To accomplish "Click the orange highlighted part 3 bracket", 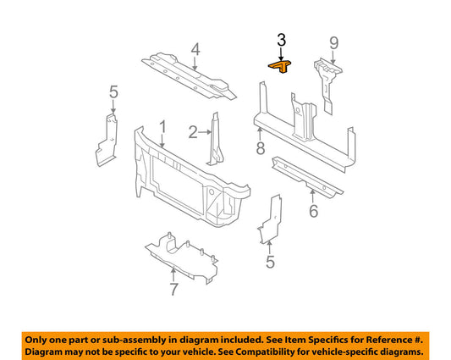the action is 280,66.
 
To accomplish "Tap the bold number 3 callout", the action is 281,40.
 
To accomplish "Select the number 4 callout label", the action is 195,49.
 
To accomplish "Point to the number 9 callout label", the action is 334,43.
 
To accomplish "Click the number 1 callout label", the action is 162,127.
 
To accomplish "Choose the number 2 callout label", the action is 193,132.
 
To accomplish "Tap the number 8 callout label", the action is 261,148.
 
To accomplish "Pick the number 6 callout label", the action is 314,211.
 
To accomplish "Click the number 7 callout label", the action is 173,289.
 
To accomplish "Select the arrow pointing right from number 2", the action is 205,132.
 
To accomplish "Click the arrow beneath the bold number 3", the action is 281,54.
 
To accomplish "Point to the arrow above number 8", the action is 260,134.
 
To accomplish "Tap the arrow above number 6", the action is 312,197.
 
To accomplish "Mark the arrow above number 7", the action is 173,274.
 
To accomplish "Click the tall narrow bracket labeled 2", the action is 217,140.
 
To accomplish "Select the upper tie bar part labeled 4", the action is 189,76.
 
